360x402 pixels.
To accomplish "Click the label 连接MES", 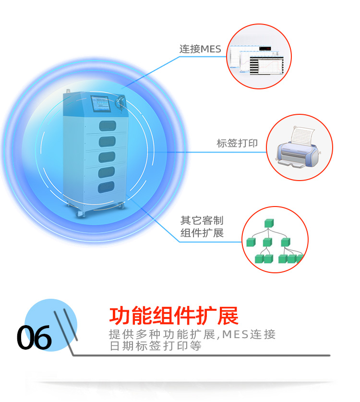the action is click(x=200, y=49).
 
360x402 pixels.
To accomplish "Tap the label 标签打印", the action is click(x=237, y=143).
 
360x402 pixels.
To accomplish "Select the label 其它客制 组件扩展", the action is click(x=202, y=227).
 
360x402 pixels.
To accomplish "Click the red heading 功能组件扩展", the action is click(x=174, y=316).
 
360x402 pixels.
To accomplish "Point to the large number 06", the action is click(x=34, y=337).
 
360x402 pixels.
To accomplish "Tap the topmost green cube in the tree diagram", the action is click(x=269, y=223).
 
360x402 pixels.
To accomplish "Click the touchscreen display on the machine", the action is click(x=100, y=103).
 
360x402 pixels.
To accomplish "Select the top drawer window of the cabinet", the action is click(x=108, y=126).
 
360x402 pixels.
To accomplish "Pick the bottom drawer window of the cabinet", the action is click(x=106, y=187).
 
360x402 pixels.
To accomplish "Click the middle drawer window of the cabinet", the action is click(x=107, y=157).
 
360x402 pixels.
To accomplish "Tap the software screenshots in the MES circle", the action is click(x=256, y=60).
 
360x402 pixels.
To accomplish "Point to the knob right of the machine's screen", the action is click(x=120, y=101).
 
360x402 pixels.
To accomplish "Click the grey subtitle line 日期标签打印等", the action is click(x=156, y=346).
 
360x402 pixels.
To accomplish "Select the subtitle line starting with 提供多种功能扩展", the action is click(x=192, y=334).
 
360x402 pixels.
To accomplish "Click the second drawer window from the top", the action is click(x=107, y=142).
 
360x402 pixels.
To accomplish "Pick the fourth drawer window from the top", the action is click(x=107, y=172).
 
